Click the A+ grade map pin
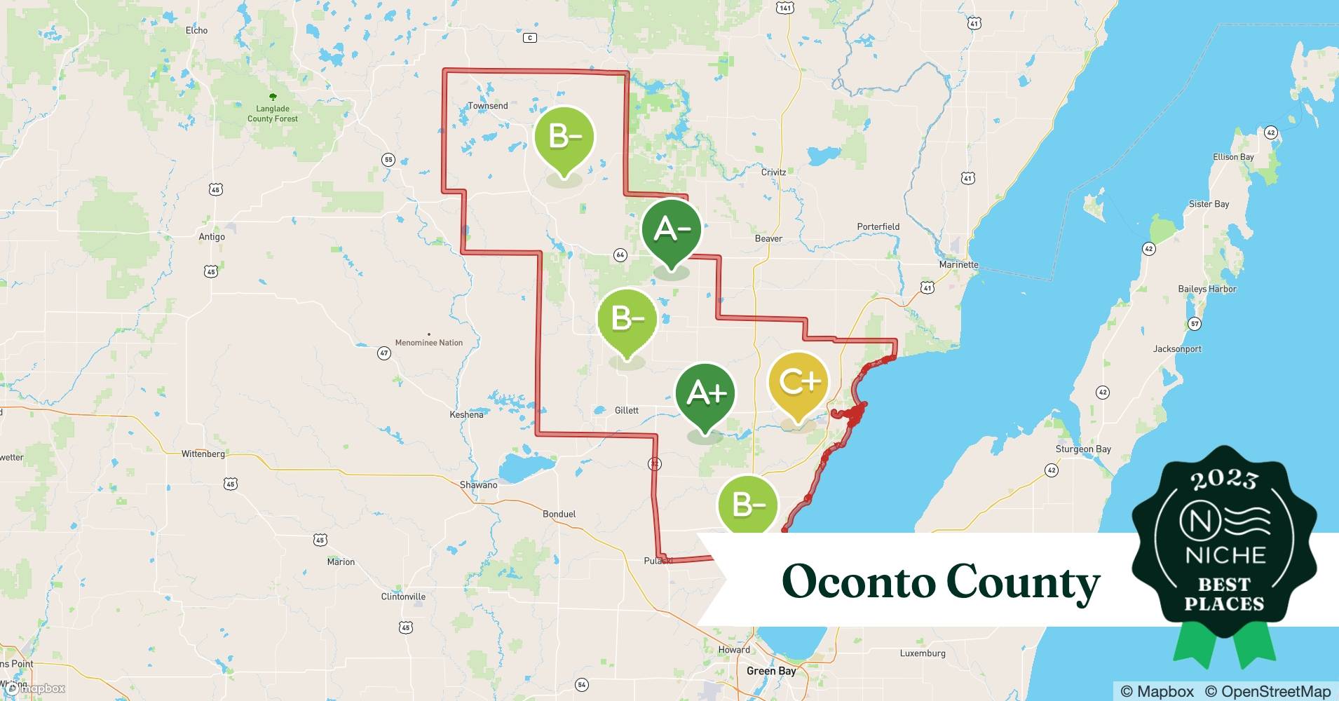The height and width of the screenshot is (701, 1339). click(705, 393)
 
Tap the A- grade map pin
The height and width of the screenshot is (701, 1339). click(671, 229)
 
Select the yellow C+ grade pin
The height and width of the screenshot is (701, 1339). click(798, 382)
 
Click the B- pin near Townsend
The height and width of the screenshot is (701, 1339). click(564, 137)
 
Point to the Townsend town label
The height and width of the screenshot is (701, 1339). click(487, 106)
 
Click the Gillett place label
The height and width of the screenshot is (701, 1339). click(626, 410)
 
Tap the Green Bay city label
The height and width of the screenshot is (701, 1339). click(770, 671)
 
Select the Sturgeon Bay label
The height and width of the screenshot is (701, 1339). click(1083, 449)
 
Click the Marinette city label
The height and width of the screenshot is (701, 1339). click(958, 264)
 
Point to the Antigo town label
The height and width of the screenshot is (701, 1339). click(211, 237)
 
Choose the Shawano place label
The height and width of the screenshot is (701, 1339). click(478, 485)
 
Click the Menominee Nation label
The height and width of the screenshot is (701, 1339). click(428, 343)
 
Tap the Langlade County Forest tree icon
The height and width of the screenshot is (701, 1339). click(273, 97)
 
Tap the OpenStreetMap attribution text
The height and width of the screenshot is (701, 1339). click(1267, 691)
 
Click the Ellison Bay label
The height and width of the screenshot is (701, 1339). click(1233, 157)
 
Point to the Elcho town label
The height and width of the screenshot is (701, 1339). click(196, 30)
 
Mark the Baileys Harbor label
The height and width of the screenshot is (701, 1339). click(1207, 289)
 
